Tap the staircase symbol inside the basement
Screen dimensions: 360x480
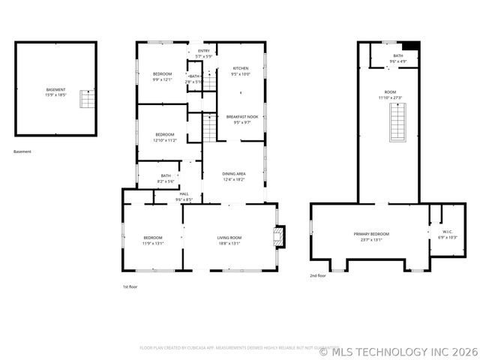[x=88, y=99]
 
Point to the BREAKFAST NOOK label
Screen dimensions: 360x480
[x=242, y=119]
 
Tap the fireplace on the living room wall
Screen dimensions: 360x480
[x=279, y=238]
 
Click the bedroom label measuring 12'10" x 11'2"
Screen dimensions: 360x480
[x=166, y=136]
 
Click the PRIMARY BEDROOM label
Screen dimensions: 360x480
[x=372, y=236]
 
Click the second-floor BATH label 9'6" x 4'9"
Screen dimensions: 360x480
[x=397, y=58]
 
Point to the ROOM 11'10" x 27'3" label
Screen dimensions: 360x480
[x=390, y=94]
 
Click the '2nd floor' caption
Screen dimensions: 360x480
[x=318, y=276]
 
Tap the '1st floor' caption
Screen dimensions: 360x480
[x=130, y=286]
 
